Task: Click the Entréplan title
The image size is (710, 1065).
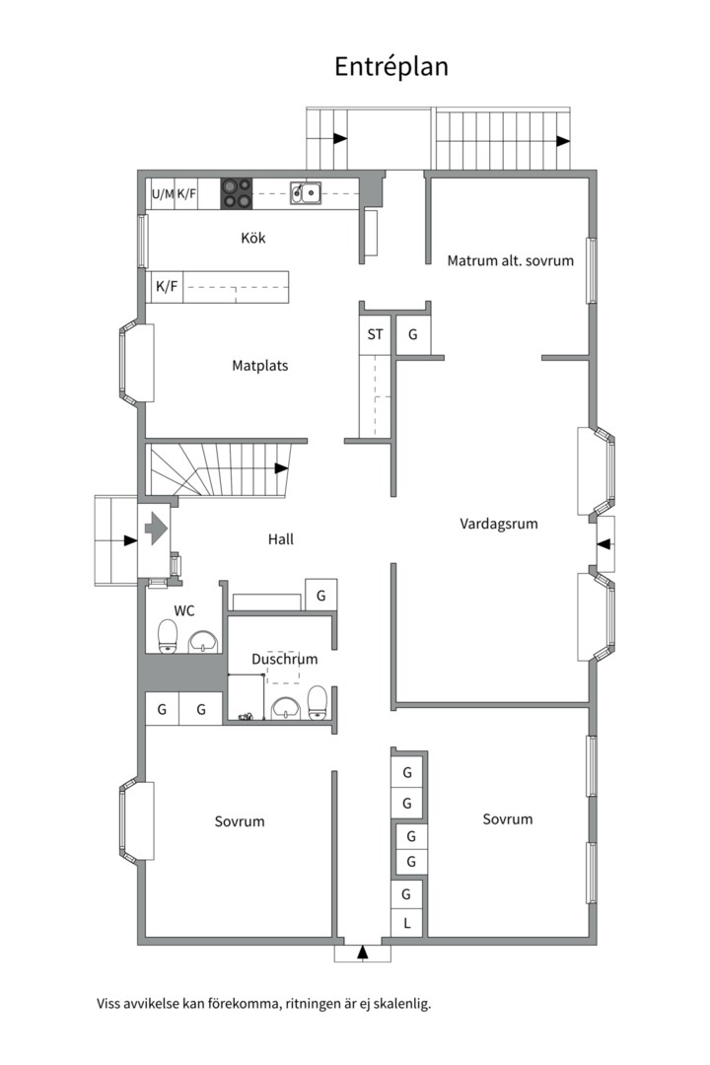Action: pyautogui.click(x=391, y=67)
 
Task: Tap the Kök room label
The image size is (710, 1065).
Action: pyautogui.click(x=253, y=238)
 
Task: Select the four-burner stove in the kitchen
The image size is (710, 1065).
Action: pyautogui.click(x=236, y=193)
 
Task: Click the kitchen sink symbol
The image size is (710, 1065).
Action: pyautogui.click(x=306, y=192)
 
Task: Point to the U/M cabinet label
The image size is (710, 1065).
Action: pyautogui.click(x=163, y=193)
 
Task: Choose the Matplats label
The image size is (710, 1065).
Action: pyautogui.click(x=260, y=366)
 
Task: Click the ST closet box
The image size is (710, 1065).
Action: pyautogui.click(x=375, y=334)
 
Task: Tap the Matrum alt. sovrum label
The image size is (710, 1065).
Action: pyautogui.click(x=510, y=260)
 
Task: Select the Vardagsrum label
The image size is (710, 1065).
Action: pyautogui.click(x=499, y=524)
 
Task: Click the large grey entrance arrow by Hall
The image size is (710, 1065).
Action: pyautogui.click(x=156, y=528)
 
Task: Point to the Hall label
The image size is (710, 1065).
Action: pyautogui.click(x=281, y=539)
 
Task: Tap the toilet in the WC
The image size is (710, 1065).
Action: pyautogui.click(x=168, y=636)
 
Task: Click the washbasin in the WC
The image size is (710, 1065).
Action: pyautogui.click(x=203, y=641)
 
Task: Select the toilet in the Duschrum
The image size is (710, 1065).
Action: pyautogui.click(x=318, y=703)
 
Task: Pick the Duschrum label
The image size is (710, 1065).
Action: pyautogui.click(x=285, y=659)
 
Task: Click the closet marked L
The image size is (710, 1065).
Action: pyautogui.click(x=407, y=923)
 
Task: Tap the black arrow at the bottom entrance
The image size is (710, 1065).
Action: pyautogui.click(x=363, y=953)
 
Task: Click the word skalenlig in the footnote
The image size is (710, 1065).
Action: pyautogui.click(x=405, y=1003)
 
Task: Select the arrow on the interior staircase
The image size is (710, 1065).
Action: pyautogui.click(x=281, y=468)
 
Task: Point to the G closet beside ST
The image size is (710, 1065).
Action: pyautogui.click(x=412, y=334)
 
